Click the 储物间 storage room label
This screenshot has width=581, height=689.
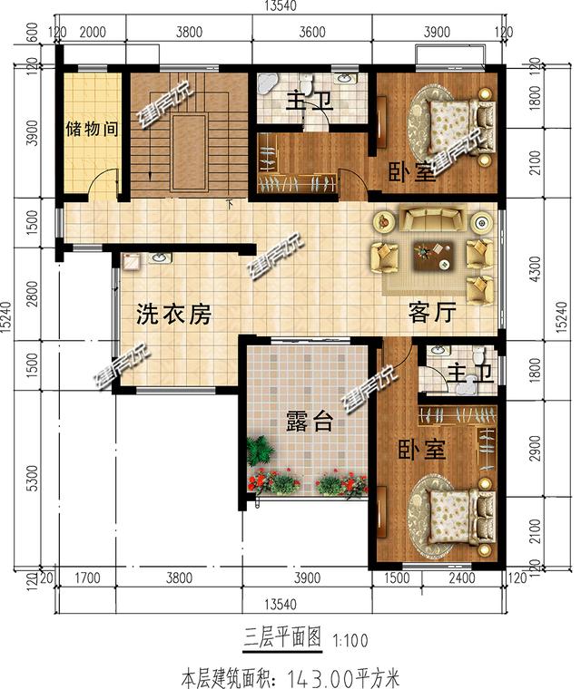92,129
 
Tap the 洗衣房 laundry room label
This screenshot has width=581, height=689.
173,315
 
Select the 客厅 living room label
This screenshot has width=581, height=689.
430,313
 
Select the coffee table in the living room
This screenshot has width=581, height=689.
432,256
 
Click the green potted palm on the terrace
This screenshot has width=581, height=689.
261,451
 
